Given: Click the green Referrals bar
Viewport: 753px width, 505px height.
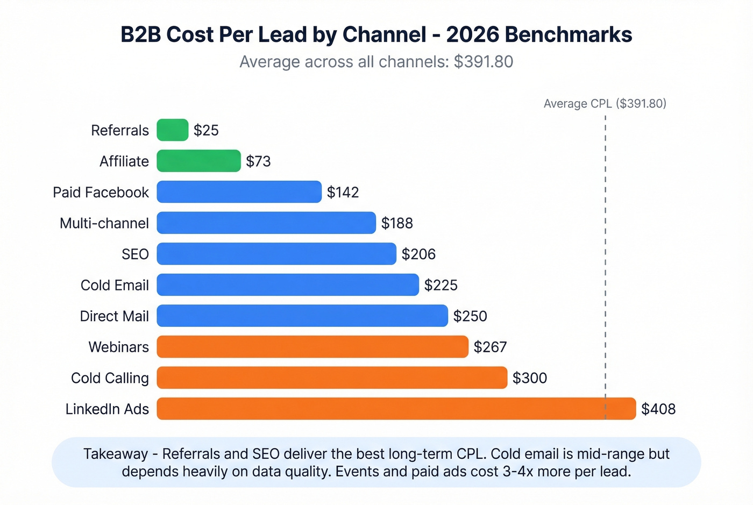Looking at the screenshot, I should pyautogui.click(x=173, y=130).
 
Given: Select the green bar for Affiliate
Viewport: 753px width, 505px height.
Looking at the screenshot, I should pyautogui.click(x=198, y=161).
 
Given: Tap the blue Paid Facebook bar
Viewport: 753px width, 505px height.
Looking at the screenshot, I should pyautogui.click(x=239, y=192).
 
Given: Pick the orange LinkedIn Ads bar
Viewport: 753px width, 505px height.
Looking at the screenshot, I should pyautogui.click(x=396, y=409).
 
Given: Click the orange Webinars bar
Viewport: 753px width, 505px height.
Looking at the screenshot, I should pyautogui.click(x=312, y=347).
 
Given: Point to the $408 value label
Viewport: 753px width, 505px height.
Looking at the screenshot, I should pyautogui.click(x=658, y=409).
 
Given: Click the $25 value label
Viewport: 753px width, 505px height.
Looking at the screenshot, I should pyautogui.click(x=206, y=131).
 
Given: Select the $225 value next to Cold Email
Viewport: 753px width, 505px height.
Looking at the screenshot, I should pyautogui.click(x=441, y=285).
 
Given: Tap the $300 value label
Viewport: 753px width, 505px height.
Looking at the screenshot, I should pyautogui.click(x=529, y=378).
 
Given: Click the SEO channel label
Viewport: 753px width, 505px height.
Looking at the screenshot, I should pyautogui.click(x=135, y=254).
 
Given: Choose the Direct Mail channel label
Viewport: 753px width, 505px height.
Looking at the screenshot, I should pyautogui.click(x=114, y=316).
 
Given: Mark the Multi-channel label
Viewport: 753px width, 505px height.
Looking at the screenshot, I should pyautogui.click(x=104, y=223).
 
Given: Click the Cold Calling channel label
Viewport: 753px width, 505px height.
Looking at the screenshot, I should pyautogui.click(x=110, y=378).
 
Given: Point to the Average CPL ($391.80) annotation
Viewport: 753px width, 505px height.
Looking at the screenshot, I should pyautogui.click(x=605, y=104).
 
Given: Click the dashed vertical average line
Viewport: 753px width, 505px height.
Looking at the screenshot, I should pyautogui.click(x=605, y=242).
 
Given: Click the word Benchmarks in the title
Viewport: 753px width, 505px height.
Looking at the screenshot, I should pyautogui.click(x=569, y=34).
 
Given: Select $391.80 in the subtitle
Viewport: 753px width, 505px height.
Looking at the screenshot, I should pyautogui.click(x=483, y=62).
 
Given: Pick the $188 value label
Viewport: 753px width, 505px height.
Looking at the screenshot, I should pyautogui.click(x=397, y=223).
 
